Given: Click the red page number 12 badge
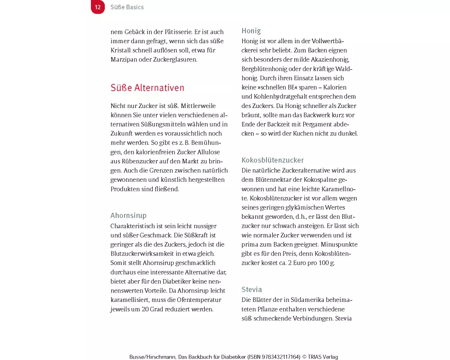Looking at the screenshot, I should pos(98,7).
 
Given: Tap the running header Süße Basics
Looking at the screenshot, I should pos(127,7).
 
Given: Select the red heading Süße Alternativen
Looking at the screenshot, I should pos(147,88).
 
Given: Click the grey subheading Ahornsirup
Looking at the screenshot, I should pos(128,216).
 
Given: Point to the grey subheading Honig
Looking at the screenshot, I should pos(251,31).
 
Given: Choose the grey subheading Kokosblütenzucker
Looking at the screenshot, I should pos(272,160).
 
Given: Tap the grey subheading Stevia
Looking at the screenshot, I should pos(252,289).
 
